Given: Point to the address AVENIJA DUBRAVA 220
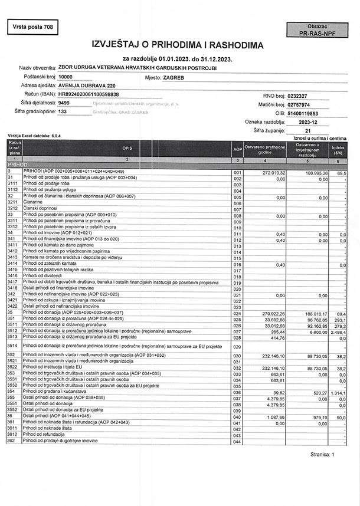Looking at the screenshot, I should (86, 86).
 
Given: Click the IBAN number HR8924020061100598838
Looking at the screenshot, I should (89, 94).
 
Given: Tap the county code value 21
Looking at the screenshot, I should (307, 130).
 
